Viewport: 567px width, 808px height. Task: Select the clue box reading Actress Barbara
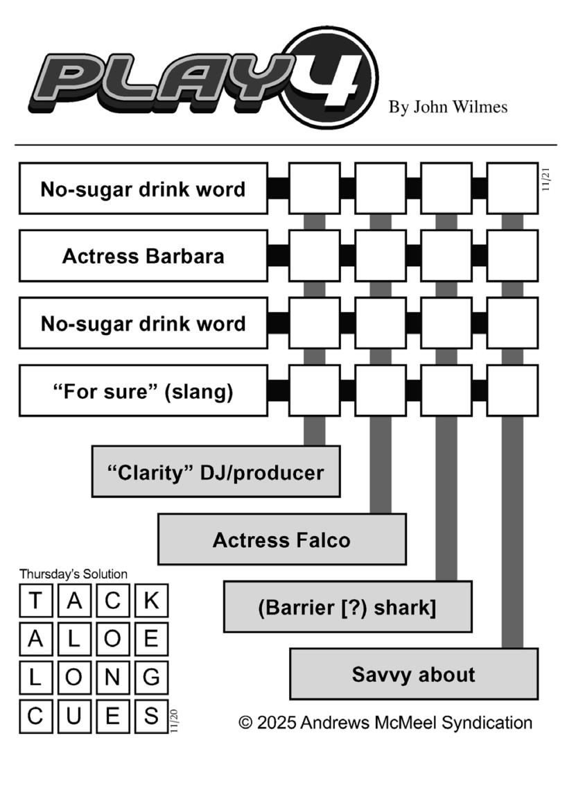(143, 256)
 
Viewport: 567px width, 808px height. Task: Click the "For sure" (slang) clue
(143, 390)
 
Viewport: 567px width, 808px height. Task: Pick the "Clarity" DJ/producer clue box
(216, 472)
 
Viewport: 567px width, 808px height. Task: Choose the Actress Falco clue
(281, 539)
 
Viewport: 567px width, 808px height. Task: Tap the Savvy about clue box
(414, 674)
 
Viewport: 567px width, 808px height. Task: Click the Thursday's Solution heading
(73, 574)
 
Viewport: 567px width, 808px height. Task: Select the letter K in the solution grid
(151, 601)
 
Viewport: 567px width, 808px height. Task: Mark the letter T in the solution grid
(35, 601)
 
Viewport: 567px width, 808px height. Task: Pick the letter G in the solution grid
(151, 677)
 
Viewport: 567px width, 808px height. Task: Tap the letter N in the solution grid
(112, 677)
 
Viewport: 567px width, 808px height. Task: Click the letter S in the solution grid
(151, 716)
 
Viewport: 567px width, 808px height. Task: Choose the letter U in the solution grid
(73, 716)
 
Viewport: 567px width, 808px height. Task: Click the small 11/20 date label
(174, 721)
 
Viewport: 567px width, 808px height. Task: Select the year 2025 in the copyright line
(277, 723)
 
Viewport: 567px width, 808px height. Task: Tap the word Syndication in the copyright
(487, 723)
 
